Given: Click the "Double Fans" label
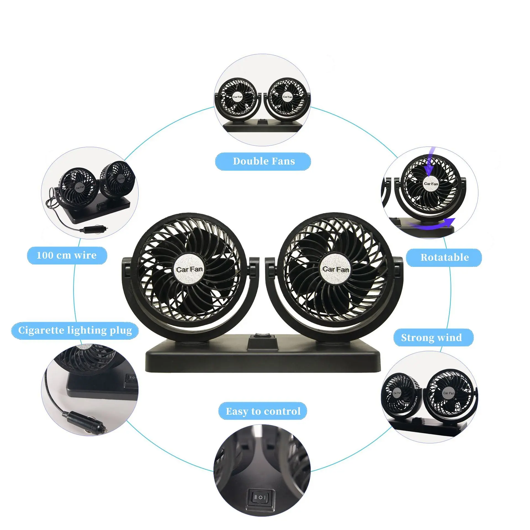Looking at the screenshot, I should tap(264, 161).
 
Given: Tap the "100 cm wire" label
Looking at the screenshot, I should tap(67, 255).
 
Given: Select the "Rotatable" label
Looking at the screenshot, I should tap(444, 257).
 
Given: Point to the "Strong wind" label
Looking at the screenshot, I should tap(431, 337).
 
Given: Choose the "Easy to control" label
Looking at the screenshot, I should tap(263, 411).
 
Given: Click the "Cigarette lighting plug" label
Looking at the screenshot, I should tap(75, 330).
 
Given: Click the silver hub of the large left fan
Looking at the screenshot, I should tap(189, 269).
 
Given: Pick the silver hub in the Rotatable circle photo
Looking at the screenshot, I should tap(431, 183).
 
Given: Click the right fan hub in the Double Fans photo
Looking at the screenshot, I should tap(287, 97).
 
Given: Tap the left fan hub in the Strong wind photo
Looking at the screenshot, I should tap(397, 393).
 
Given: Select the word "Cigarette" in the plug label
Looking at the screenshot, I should tap(41, 330).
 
